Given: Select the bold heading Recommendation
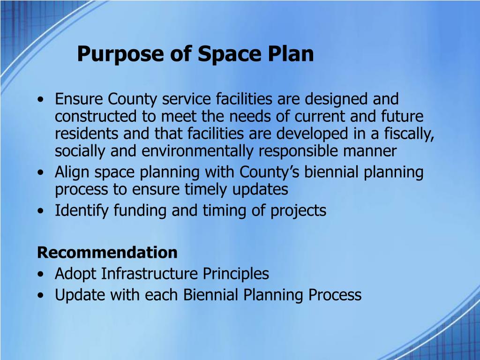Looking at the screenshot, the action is point(107,253).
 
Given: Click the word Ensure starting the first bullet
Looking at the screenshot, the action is point(79,99).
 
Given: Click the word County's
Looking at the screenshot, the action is point(269,172).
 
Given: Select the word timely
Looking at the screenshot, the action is point(206,190).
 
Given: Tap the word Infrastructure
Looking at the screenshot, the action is point(149,274).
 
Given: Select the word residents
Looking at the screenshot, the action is point(87,134).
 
